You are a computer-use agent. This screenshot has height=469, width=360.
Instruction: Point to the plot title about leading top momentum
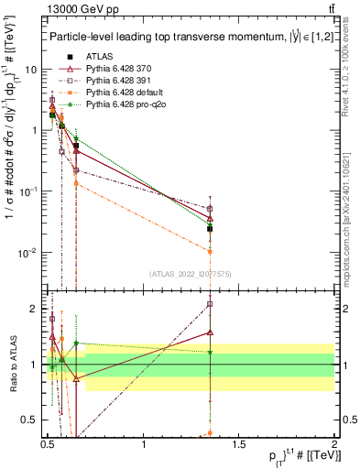(x=183, y=37)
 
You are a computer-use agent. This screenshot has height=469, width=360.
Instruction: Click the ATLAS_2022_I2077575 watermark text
(x=190, y=272)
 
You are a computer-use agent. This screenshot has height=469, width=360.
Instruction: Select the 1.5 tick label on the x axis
(x=238, y=444)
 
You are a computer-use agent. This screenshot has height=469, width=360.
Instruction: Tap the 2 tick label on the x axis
(x=333, y=444)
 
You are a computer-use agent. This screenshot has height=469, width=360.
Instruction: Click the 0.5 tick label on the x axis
(x=48, y=444)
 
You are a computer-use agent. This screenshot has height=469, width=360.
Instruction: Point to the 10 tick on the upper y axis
(x=32, y=70)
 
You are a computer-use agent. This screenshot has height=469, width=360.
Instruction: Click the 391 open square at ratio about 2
(x=210, y=304)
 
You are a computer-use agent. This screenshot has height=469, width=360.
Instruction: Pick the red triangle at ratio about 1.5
(x=210, y=333)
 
